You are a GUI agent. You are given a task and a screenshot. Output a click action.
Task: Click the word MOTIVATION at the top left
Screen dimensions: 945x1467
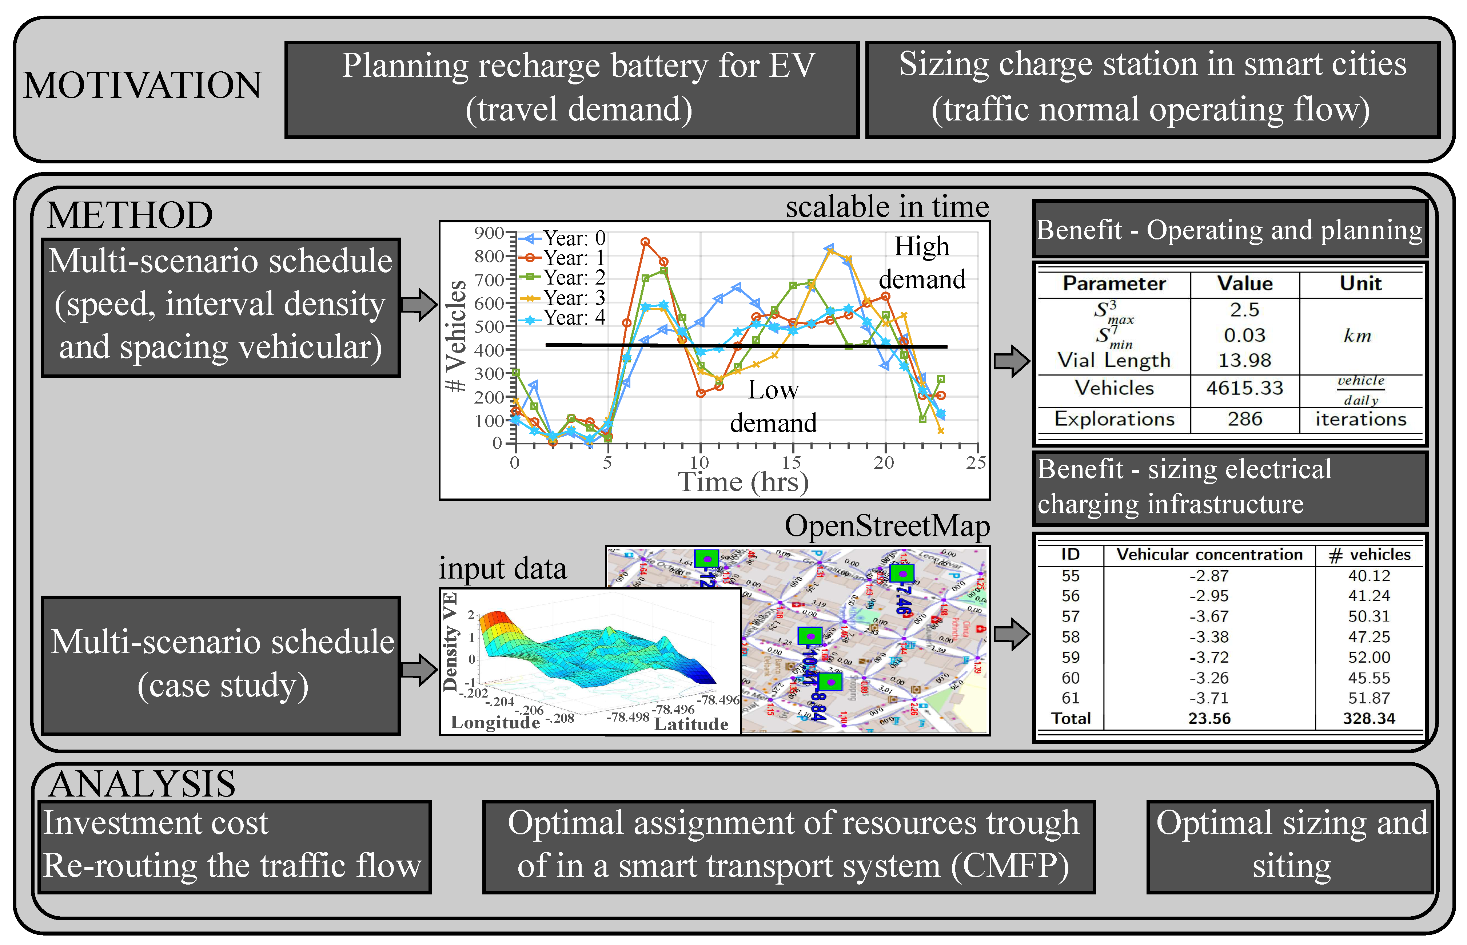tap(142, 85)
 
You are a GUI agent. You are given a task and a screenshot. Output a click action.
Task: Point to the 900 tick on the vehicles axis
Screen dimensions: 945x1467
tap(489, 233)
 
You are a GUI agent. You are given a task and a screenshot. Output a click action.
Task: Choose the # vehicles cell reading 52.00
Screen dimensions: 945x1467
tap(1368, 657)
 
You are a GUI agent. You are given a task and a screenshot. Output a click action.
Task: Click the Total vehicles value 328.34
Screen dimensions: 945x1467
tap(1368, 719)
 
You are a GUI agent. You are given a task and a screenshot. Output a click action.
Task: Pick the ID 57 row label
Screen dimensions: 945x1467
tap(1070, 616)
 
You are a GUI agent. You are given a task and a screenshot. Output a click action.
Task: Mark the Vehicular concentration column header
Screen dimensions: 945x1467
tap(1209, 555)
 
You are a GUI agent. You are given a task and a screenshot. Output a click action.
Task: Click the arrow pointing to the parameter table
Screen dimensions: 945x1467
tap(1011, 361)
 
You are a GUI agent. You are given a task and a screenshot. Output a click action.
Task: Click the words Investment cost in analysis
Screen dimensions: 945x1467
tap(155, 823)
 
